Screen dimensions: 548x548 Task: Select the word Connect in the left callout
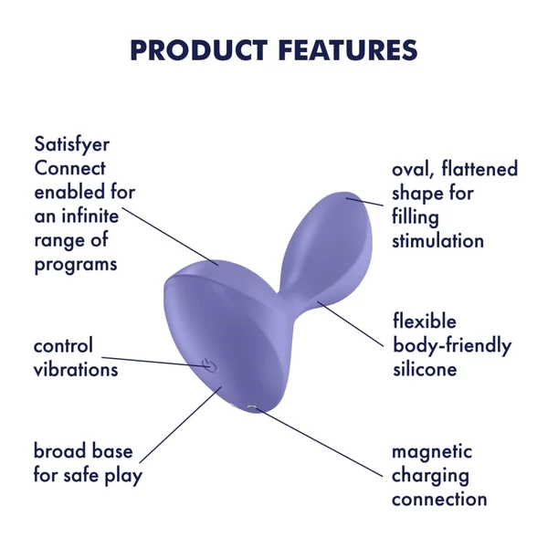70,169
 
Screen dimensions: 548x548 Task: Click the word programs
76,265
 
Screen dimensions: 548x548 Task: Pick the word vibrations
76,370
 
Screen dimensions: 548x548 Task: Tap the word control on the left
63,346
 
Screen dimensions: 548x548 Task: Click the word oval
412,170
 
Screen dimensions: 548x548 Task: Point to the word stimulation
437,241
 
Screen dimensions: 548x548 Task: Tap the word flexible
425,321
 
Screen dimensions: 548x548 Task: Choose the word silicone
425,369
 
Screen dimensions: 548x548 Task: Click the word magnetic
432,451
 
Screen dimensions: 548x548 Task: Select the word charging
430,475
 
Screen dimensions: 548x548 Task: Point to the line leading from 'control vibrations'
164,362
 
